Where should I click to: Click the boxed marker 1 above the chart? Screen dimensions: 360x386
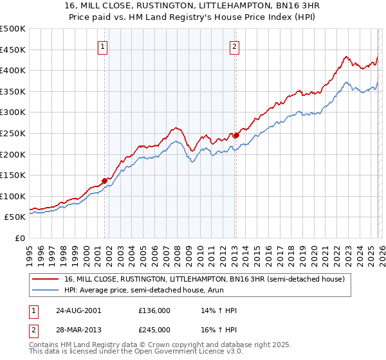tap(104, 46)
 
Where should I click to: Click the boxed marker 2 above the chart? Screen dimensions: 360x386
tap(235, 46)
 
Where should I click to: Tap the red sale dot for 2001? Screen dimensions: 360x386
tap(104, 181)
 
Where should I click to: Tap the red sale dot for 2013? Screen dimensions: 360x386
tap(236, 135)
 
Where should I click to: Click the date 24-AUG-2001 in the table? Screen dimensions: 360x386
tap(78, 310)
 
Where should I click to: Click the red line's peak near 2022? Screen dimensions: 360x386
tap(345, 57)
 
